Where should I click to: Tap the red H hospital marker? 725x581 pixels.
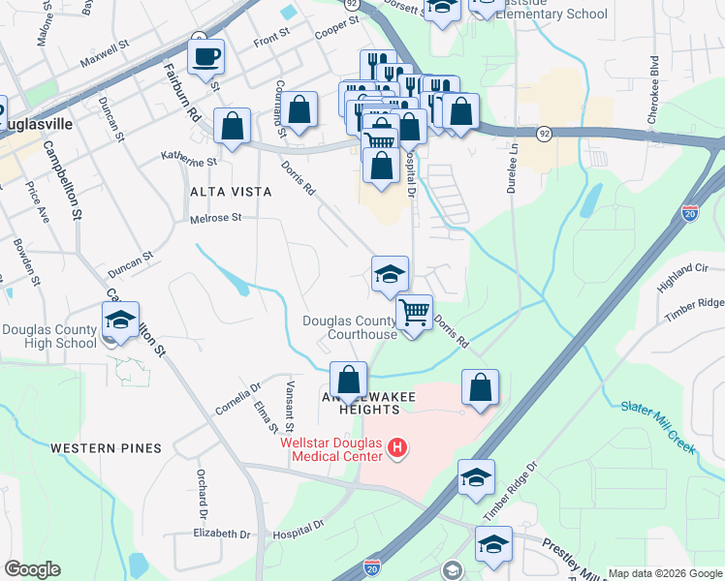tap(396, 447)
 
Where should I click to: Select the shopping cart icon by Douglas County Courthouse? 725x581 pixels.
tap(414, 313)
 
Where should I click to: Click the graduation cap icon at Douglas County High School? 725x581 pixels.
tap(120, 321)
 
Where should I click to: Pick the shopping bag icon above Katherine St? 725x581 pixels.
tap(233, 126)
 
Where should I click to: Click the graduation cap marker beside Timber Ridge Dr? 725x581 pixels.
tap(476, 478)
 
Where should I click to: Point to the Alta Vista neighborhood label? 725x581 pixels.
tap(231, 192)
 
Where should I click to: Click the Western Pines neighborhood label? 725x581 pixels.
tap(105, 447)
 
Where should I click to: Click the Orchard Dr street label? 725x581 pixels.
tap(204, 493)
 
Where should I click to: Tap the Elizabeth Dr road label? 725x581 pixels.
tap(222, 534)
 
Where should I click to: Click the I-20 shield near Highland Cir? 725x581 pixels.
tap(690, 212)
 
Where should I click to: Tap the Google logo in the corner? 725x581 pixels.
tap(32, 569)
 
